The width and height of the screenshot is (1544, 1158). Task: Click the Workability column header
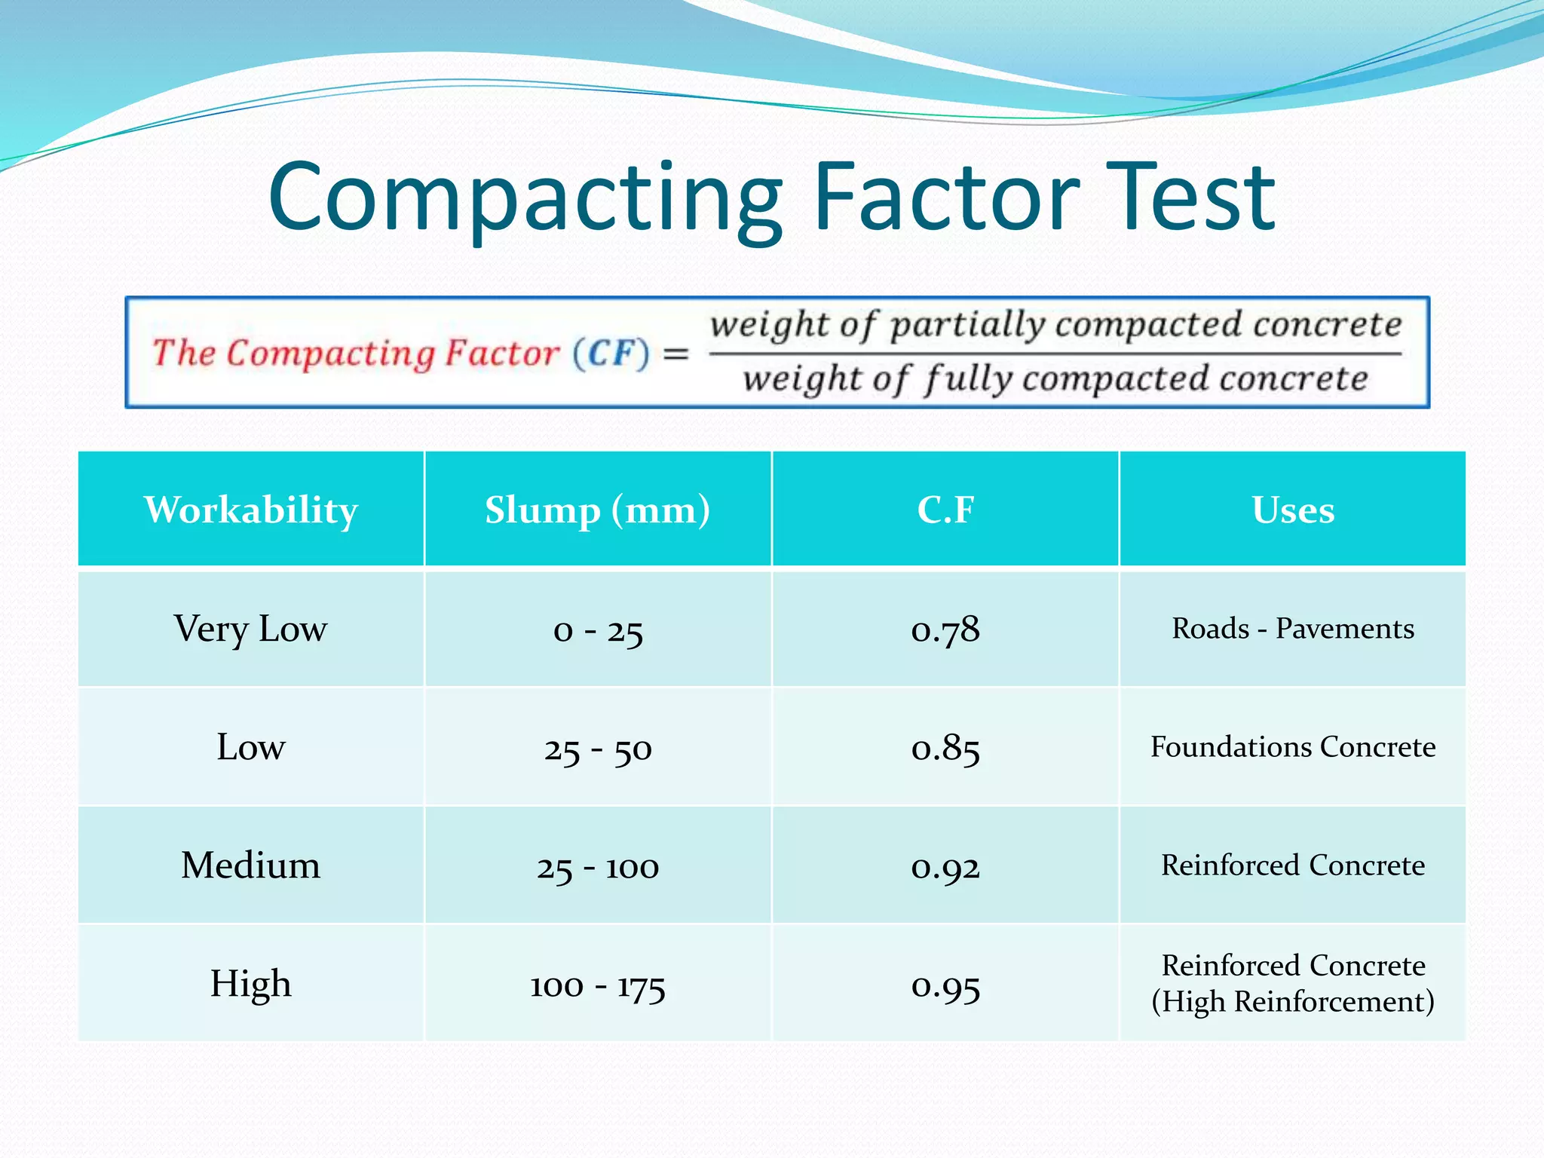click(251, 510)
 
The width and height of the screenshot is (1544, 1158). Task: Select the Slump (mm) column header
click(597, 510)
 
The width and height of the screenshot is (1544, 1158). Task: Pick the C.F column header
click(945, 510)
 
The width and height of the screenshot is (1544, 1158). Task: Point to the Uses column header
click(1293, 510)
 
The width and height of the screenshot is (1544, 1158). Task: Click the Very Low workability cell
click(251, 629)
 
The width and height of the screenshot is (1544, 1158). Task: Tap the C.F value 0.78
click(945, 630)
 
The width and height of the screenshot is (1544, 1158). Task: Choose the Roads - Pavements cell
click(1293, 629)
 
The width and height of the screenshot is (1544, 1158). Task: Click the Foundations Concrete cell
click(1293, 747)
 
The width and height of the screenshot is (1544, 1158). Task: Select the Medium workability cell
click(251, 865)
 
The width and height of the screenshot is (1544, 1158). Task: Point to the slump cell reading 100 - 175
click(598, 985)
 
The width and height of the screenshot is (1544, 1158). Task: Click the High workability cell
click(251, 984)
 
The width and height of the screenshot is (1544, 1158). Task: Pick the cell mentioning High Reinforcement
click(1293, 984)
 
